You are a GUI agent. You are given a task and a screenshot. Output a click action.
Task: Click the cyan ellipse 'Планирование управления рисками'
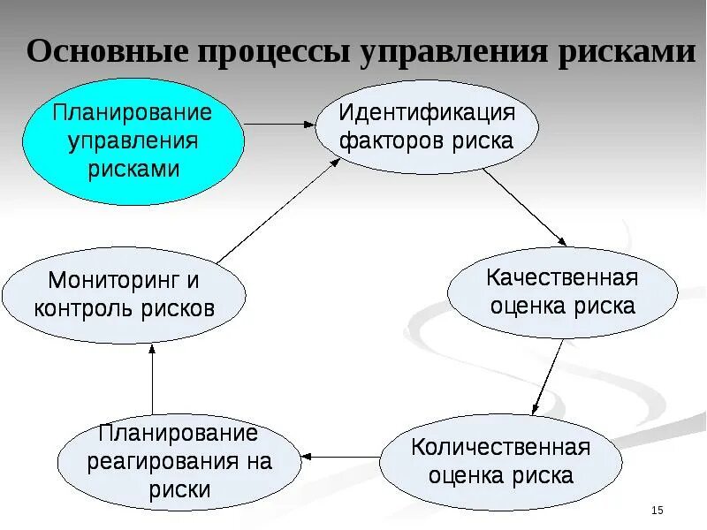(x=133, y=141)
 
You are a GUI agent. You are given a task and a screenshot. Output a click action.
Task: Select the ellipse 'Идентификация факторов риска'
(x=427, y=126)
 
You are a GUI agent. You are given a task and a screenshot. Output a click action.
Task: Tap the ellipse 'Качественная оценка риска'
(x=562, y=292)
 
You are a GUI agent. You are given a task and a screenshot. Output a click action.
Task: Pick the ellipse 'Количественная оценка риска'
(x=500, y=461)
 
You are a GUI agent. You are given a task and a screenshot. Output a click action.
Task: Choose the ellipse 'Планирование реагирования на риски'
(x=179, y=461)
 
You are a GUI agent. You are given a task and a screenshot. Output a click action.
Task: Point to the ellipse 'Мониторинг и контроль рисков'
(x=124, y=295)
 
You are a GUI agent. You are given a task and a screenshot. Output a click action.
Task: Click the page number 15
(x=657, y=511)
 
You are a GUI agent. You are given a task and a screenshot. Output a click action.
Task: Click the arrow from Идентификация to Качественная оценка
(x=524, y=206)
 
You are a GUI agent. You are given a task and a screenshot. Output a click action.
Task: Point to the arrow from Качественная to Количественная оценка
(x=548, y=376)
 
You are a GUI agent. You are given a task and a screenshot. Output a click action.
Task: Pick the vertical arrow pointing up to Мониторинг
(x=152, y=379)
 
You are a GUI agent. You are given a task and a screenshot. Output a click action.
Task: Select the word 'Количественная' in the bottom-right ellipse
(x=500, y=446)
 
